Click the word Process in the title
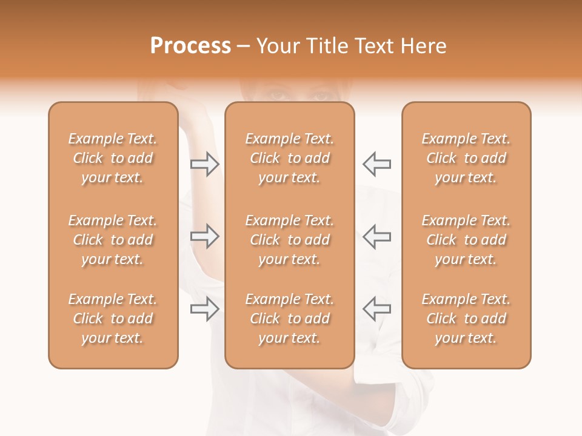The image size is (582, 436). click(190, 46)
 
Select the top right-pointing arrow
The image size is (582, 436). click(204, 164)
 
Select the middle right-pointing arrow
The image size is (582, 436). click(204, 236)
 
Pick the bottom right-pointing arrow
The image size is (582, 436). click(204, 308)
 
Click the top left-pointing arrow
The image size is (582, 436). click(377, 164)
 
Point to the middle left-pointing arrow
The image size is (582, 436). click(377, 236)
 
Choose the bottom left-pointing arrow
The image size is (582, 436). click(377, 308)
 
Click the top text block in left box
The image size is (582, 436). click(113, 158)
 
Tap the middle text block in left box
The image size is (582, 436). click(113, 240)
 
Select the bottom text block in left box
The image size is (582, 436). click(113, 319)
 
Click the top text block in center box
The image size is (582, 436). click(289, 158)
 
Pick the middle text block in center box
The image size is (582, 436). click(289, 240)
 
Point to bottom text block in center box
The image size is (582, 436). click(289, 319)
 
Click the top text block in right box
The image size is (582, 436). click(466, 158)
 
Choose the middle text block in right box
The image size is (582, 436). click(466, 240)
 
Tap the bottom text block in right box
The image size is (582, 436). click(466, 319)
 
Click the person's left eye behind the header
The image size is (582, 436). click(321, 96)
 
